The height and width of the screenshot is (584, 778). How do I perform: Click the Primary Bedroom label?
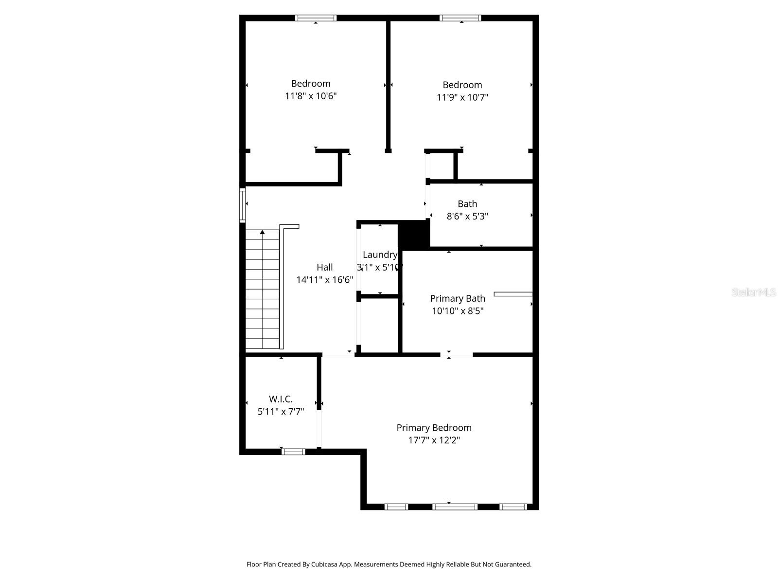point(434,428)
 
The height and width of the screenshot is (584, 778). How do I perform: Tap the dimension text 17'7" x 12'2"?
point(434,440)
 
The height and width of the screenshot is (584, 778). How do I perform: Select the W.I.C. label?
point(281,399)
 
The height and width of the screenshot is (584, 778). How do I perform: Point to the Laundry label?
point(380,255)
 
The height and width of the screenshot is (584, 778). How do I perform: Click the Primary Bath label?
point(458,298)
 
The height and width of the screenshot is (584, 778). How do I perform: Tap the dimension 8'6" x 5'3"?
point(467,217)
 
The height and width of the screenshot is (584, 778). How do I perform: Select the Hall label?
point(325,267)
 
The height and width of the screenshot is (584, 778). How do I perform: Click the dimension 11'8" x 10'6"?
point(311,96)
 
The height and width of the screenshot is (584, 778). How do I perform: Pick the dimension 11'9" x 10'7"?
point(462,97)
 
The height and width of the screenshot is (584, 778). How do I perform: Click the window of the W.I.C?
point(294,452)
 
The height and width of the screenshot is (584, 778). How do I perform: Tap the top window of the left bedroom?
point(316,18)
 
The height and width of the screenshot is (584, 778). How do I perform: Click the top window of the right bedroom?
point(460,18)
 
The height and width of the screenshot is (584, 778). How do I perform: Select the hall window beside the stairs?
point(242,205)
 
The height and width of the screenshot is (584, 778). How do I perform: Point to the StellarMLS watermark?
point(753,292)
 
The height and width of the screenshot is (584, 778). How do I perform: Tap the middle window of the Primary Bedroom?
point(455,507)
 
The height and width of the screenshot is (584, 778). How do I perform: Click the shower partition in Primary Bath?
point(513,294)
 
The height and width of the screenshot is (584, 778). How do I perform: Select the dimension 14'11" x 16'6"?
point(325,280)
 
